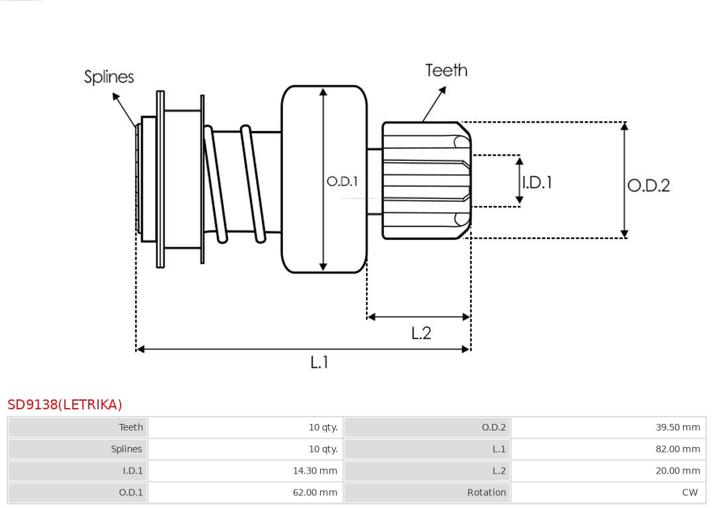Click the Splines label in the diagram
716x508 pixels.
click(x=109, y=77)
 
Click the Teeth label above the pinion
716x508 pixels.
click(x=446, y=70)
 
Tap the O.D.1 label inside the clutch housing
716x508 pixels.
click(x=342, y=181)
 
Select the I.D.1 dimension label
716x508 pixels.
click(x=537, y=182)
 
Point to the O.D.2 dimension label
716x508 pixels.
click(x=648, y=185)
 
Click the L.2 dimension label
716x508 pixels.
click(x=421, y=332)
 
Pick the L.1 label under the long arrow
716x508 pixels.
click(x=320, y=362)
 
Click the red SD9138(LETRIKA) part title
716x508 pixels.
click(x=65, y=404)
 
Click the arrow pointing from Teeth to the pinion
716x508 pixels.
click(x=434, y=103)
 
